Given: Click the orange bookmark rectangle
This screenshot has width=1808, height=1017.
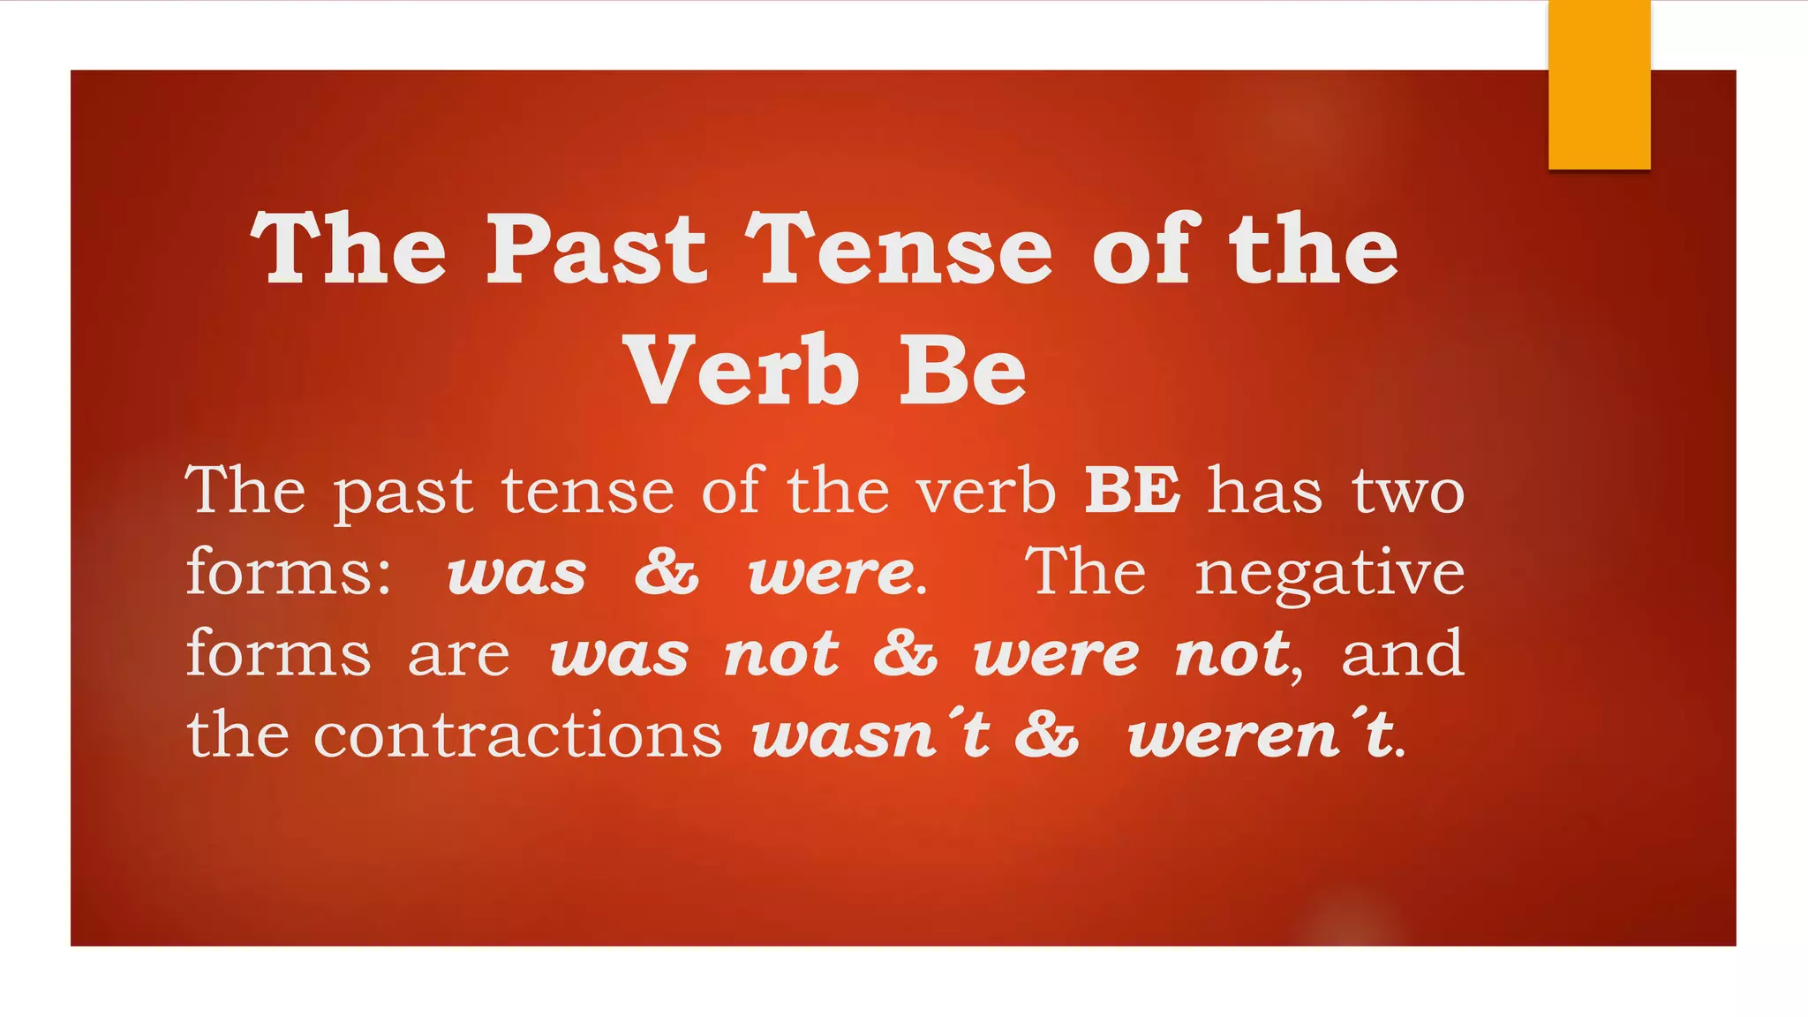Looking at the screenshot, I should [1599, 85].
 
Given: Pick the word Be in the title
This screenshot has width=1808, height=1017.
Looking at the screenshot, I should [962, 372].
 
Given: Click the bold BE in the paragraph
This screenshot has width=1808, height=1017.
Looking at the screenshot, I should [1132, 491].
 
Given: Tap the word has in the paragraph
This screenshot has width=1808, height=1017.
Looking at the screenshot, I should [1264, 491].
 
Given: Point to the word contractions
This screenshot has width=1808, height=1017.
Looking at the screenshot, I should [517, 734].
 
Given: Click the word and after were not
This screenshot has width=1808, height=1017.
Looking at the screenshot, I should [1403, 654].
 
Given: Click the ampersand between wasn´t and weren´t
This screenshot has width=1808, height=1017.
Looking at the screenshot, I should [1046, 734].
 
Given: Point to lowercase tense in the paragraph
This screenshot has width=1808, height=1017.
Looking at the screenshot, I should [588, 493].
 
